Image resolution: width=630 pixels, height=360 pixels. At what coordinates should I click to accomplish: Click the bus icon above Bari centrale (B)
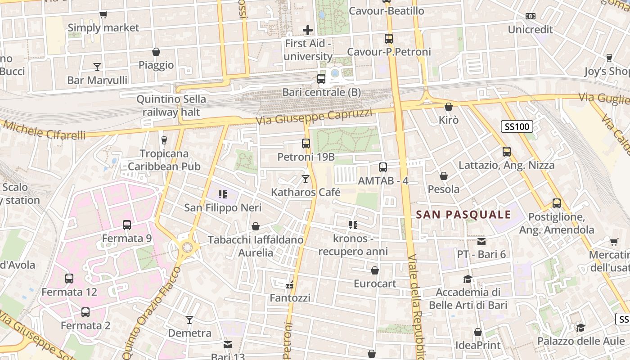coord(321,79)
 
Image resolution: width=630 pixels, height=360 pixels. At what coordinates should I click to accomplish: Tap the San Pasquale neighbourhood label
coord(463,215)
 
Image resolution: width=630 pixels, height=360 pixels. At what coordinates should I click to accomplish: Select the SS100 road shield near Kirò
coord(517,126)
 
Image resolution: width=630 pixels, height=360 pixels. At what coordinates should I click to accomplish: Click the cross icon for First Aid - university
coord(308,30)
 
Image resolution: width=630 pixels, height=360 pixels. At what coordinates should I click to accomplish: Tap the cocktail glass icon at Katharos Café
coord(306,179)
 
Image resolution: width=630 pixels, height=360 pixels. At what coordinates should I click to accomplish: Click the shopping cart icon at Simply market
coord(103,15)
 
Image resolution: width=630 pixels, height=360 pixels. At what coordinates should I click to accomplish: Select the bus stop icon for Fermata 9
coord(127,225)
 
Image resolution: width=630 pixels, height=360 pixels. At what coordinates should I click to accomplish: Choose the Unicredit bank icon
coord(531,16)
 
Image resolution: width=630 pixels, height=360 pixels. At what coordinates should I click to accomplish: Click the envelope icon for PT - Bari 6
coord(482,241)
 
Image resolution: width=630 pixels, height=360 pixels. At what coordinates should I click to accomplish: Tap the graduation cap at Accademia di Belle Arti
coord(468,279)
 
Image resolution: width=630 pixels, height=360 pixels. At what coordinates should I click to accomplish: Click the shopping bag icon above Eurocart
coord(374,270)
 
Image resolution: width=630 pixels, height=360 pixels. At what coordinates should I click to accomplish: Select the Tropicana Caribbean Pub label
coord(164,160)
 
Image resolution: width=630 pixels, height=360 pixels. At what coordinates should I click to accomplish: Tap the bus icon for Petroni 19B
coord(306,144)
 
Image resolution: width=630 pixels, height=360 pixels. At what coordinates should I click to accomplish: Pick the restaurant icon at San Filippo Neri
coord(222,194)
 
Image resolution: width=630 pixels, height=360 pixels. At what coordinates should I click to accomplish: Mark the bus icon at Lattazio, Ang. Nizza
coord(507,152)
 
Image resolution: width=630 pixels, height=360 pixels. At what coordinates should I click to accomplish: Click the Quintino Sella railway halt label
coord(171,105)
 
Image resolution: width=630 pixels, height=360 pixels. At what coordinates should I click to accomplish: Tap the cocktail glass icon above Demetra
coord(189,320)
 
